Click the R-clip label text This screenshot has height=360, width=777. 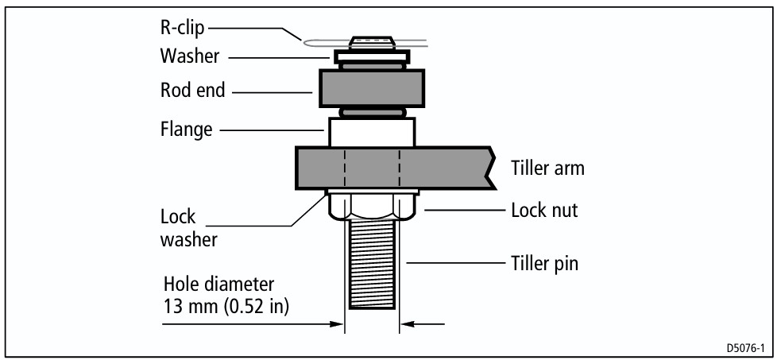[x=182, y=28]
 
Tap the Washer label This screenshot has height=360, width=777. [x=189, y=56]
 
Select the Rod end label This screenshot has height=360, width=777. [x=193, y=91]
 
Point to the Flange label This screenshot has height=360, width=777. [x=186, y=130]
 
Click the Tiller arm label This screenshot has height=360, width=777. [x=547, y=168]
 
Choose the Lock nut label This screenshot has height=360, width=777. [x=544, y=211]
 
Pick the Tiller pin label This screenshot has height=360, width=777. [x=544, y=263]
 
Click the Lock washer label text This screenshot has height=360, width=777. [x=189, y=229]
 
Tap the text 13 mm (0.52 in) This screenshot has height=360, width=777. [x=226, y=307]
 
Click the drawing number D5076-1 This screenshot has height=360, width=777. [x=746, y=346]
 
